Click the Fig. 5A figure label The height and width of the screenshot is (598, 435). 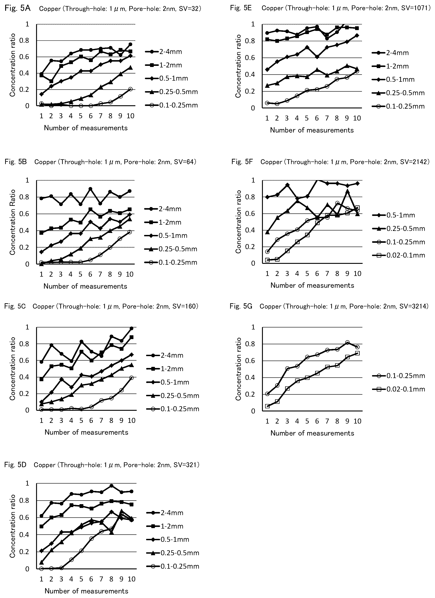(x=18, y=9)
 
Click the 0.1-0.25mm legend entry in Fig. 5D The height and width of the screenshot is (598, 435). (x=173, y=566)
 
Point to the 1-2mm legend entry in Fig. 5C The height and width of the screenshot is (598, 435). (x=164, y=369)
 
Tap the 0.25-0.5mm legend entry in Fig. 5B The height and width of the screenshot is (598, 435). (x=171, y=249)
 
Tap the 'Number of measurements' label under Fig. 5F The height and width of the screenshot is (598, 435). (x=312, y=285)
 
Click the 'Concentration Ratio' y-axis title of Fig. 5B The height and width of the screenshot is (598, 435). (x=12, y=222)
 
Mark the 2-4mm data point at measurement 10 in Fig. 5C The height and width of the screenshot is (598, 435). (x=131, y=328)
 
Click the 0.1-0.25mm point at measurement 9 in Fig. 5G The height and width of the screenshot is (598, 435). (x=347, y=342)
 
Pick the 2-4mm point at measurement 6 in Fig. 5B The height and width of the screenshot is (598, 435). (x=90, y=189)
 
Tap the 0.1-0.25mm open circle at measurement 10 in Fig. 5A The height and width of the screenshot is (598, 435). (x=130, y=89)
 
